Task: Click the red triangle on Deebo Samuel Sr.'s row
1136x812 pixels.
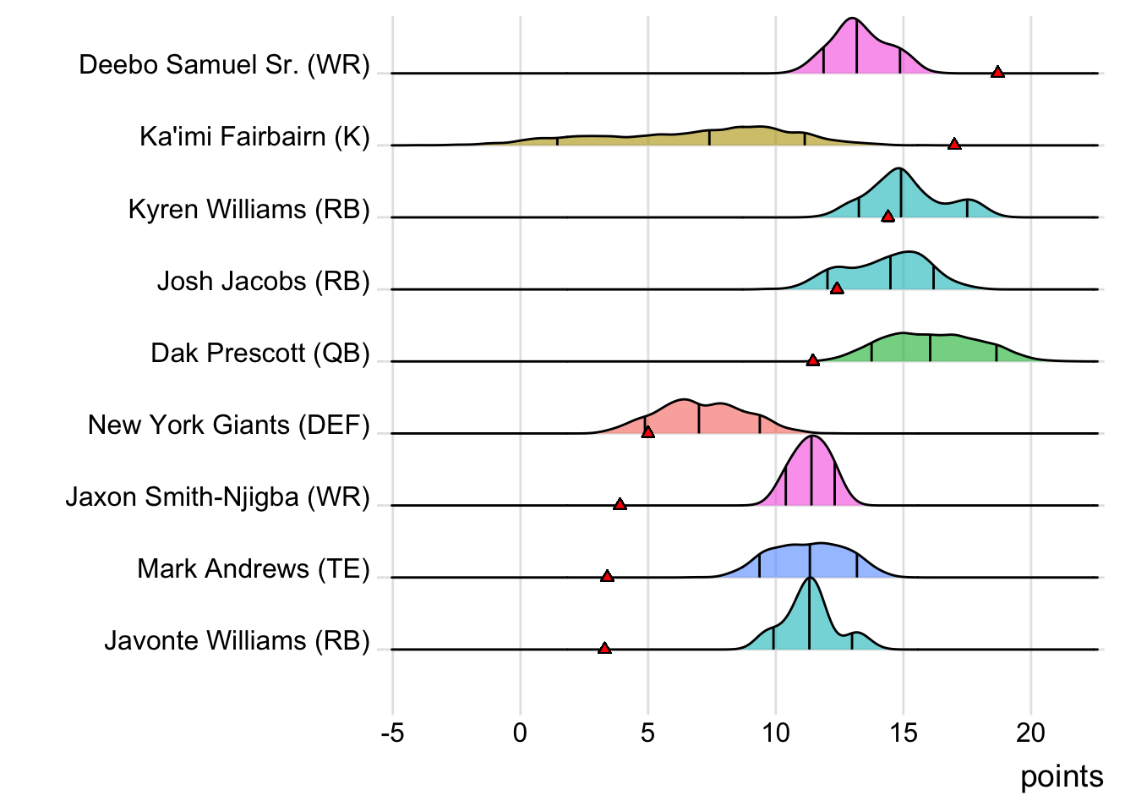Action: pos(997,72)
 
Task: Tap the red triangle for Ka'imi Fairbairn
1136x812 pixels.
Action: pos(954,144)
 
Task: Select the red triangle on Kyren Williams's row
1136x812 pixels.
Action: pos(887,217)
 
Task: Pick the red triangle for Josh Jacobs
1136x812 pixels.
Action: pos(837,288)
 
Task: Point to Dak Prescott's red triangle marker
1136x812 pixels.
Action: pos(812,360)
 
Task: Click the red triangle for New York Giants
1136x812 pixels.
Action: pos(647,432)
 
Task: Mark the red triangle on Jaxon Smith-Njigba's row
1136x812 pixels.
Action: pos(620,504)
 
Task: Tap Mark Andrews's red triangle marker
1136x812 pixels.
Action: pos(607,576)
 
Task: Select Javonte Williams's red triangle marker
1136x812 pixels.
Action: pos(604,648)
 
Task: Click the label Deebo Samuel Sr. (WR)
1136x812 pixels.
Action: pos(224,65)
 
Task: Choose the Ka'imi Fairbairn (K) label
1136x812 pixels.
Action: pos(254,137)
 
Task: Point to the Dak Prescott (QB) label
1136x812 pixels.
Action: pos(260,353)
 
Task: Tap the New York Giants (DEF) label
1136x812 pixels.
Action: pos(228,425)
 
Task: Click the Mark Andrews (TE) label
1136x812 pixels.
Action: pos(254,568)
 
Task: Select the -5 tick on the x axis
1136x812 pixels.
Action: pos(392,732)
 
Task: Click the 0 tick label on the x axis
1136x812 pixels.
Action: pos(520,732)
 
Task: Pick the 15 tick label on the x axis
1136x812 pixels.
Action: pos(903,732)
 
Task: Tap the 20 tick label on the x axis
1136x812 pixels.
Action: pos(1030,732)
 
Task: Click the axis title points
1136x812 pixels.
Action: pos(1062,776)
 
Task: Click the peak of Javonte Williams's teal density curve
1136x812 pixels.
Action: pos(810,578)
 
